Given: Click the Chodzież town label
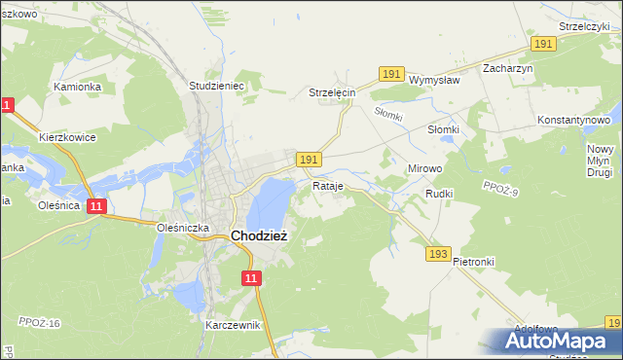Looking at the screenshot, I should coord(258,235).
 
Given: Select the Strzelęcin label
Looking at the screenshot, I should coord(333,92).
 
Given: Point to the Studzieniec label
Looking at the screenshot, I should coord(216,86).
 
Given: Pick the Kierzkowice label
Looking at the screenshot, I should coord(67,137).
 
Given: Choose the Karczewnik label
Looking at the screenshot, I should coord(234,325).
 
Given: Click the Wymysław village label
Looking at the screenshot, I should coord(434,80).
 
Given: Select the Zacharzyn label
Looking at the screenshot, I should coord(509,69).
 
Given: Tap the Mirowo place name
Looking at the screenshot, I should coord(425,168).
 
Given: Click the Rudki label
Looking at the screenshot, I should coord(440,194).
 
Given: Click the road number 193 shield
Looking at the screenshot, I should coord(438,254).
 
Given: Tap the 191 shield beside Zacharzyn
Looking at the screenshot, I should coord(543,45).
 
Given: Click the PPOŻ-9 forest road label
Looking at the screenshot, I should coord(501,189).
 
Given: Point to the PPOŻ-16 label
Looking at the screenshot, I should coord(39,322).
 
